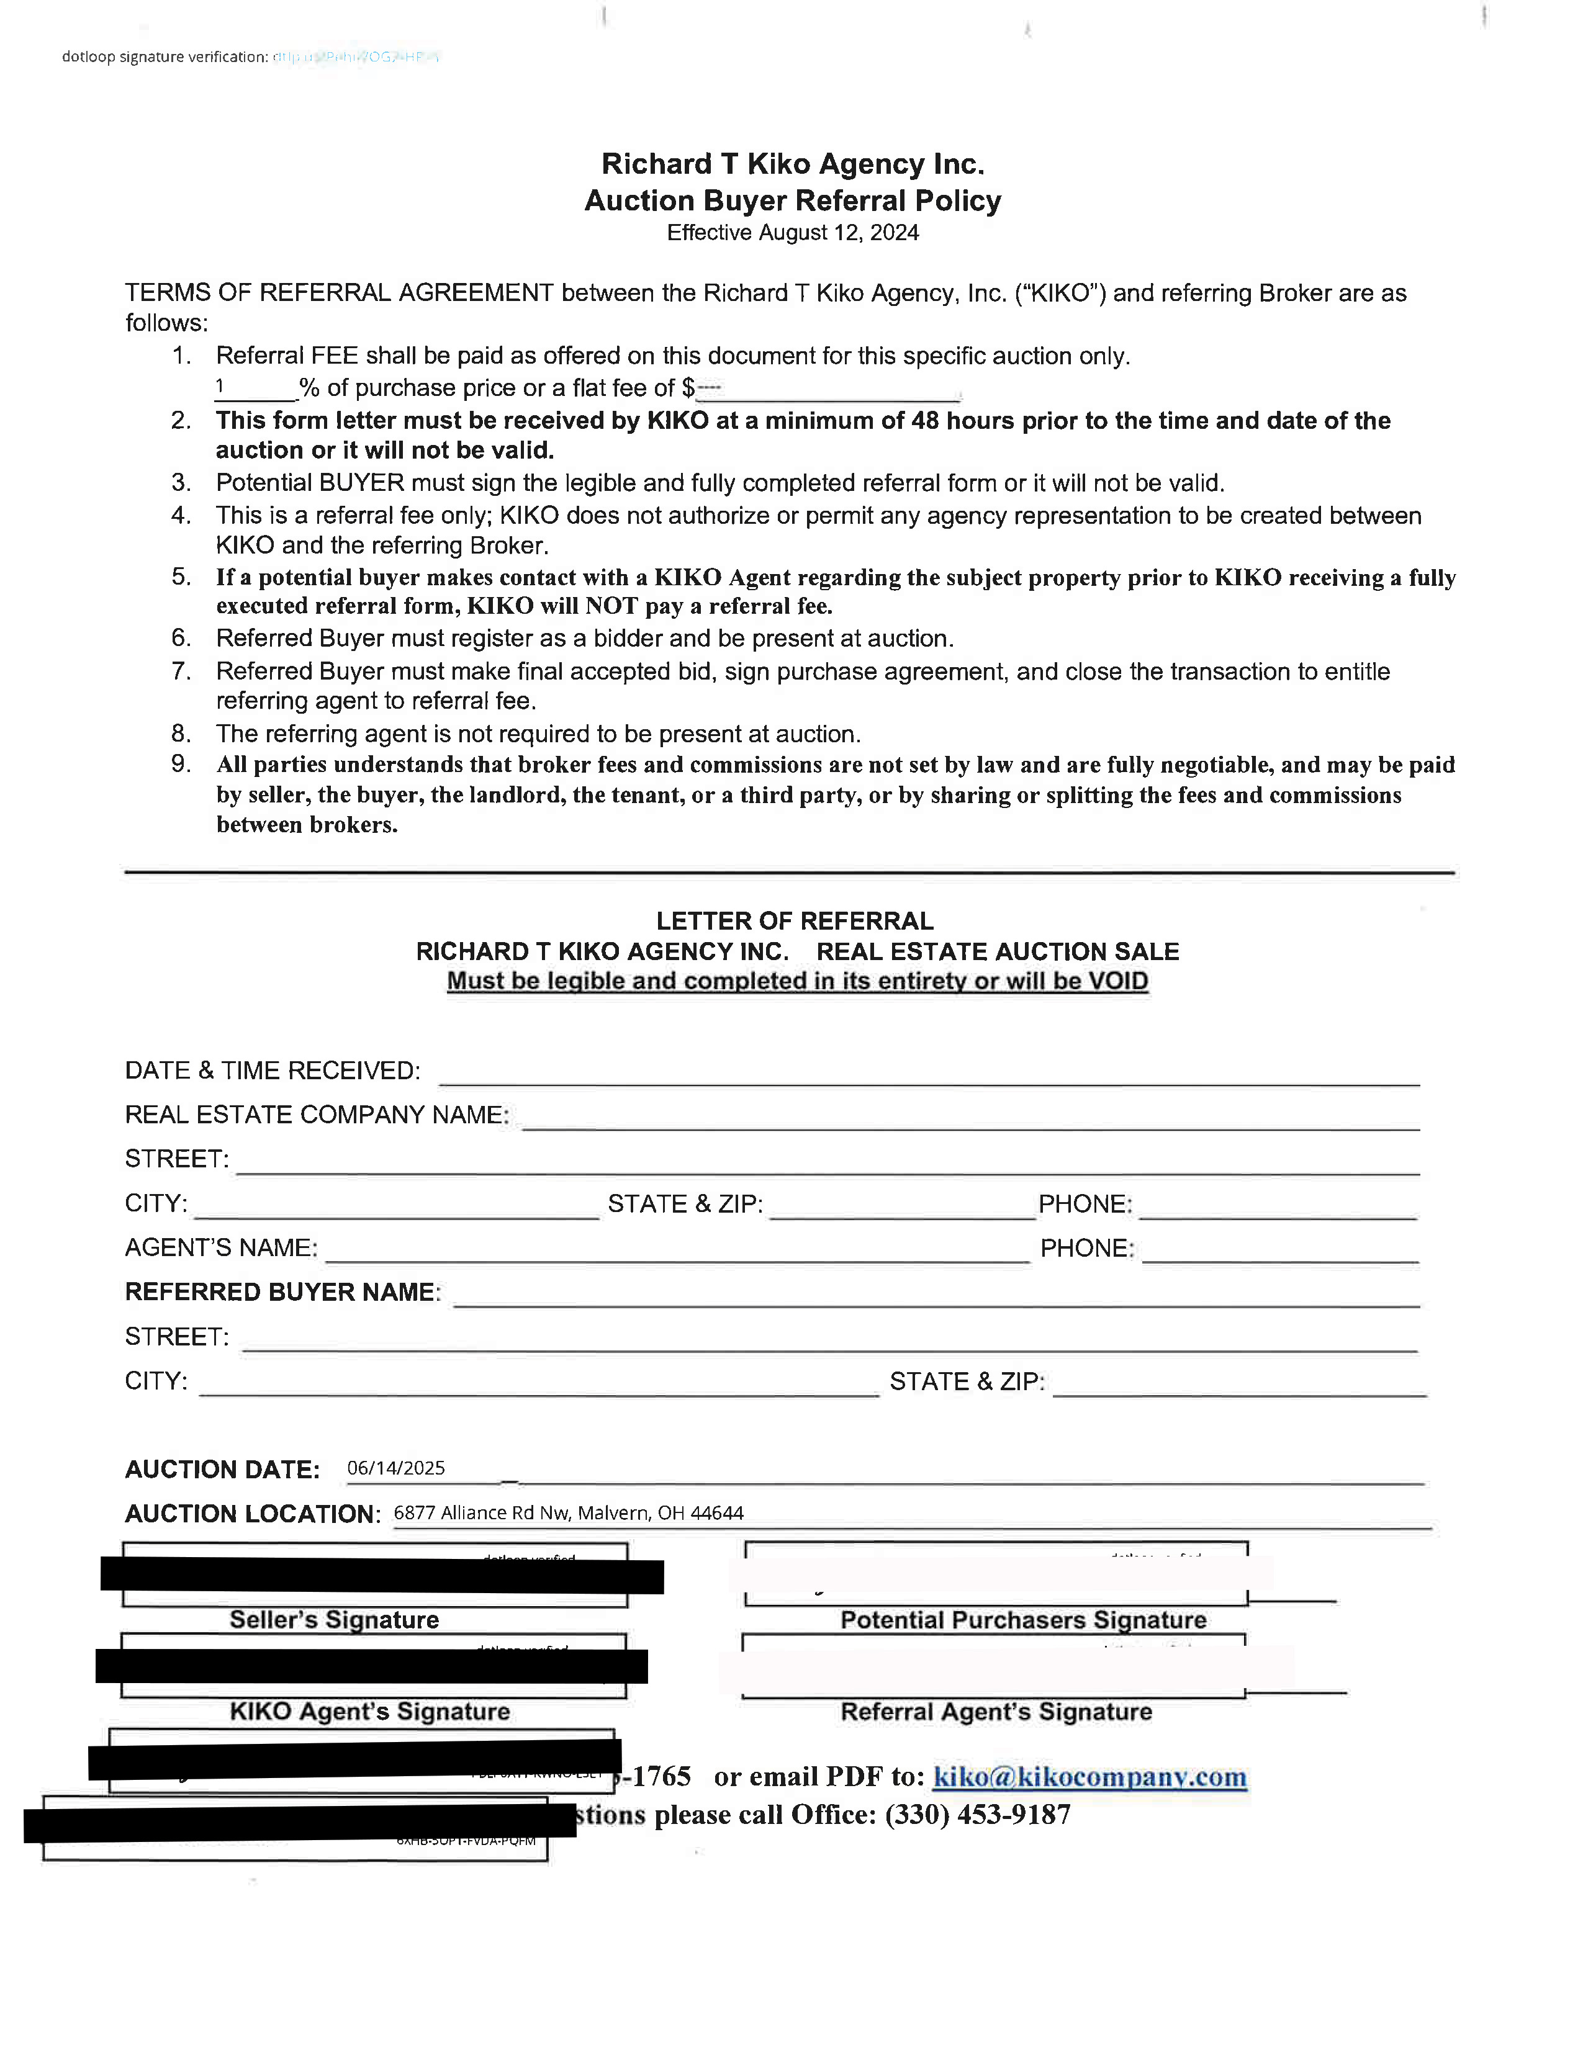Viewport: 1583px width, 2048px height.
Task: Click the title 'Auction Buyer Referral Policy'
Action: coord(793,200)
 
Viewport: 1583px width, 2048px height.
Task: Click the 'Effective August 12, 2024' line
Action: coord(793,233)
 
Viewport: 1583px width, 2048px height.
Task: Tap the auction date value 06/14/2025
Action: coord(396,1468)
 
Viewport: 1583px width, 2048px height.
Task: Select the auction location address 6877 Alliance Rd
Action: coord(568,1512)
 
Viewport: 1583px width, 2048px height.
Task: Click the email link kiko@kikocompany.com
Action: coord(1089,1777)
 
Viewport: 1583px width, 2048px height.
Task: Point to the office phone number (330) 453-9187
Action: coord(977,1815)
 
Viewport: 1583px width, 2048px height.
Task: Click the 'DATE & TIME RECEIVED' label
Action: coord(272,1071)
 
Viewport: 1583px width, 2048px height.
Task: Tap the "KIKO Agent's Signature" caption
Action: coord(369,1712)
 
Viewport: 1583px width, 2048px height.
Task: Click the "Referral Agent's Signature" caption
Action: coord(996,1712)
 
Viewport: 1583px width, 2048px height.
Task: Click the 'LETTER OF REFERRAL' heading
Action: coord(795,921)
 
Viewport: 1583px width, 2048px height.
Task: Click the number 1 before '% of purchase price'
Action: coord(219,385)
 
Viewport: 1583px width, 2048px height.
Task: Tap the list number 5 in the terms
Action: coord(181,577)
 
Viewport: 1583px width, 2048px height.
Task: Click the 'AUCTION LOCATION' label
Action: coord(251,1514)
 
